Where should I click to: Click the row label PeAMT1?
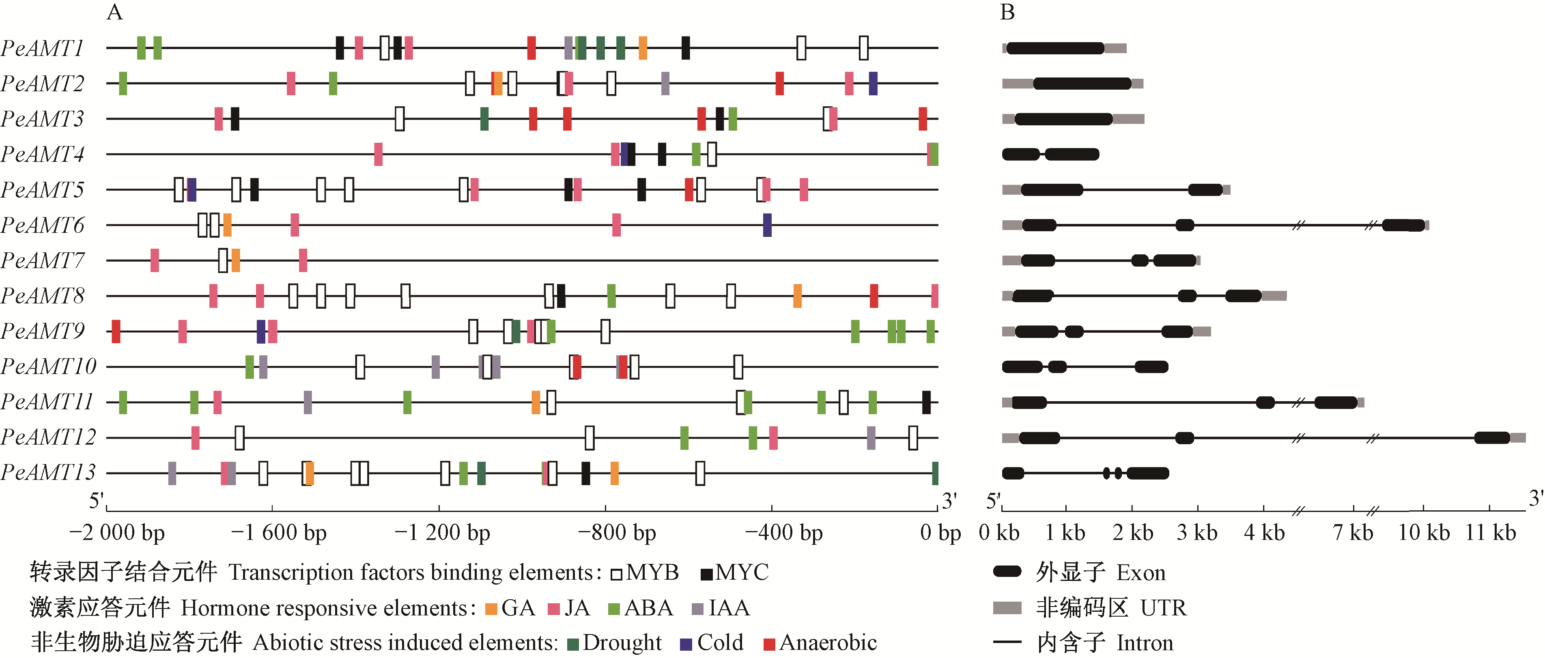[x=42, y=48]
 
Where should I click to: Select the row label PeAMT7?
[x=42, y=260]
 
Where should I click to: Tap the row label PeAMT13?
[x=48, y=473]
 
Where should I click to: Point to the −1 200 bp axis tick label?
[x=442, y=533]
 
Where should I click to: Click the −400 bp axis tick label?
[x=783, y=533]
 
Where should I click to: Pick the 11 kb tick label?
[x=1490, y=533]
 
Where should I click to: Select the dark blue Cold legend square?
[x=686, y=644]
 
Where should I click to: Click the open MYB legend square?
[x=616, y=574]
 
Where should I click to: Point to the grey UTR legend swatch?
[x=1007, y=608]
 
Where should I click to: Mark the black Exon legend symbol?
[x=1007, y=572]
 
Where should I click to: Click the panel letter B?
[x=1007, y=12]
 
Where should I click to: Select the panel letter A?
[x=114, y=12]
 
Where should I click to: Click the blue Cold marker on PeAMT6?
[x=767, y=225]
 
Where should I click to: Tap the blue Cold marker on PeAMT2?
[x=873, y=84]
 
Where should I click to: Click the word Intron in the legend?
[x=1145, y=643]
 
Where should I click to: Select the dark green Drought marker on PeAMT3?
[x=484, y=119]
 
